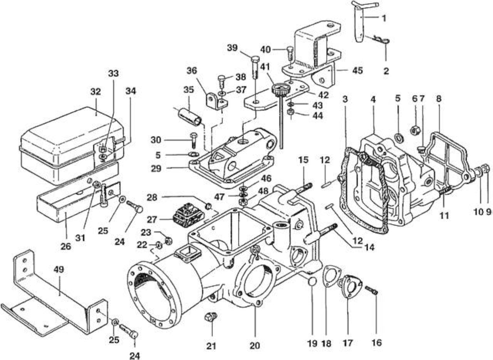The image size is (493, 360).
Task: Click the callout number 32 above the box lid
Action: coord(96,92)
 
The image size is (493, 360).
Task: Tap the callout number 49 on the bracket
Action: coord(59,270)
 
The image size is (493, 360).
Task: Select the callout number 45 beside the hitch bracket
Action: coord(357,70)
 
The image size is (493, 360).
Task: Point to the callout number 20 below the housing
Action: coord(255,345)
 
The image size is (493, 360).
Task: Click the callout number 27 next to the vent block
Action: coord(152,219)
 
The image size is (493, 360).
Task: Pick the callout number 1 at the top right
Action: coord(384,18)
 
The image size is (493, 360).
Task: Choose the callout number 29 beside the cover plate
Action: coord(156,169)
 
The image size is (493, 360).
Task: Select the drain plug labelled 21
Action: coord(210,317)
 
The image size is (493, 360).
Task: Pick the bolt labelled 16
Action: coord(372,290)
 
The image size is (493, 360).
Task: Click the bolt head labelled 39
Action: coord(255,59)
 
